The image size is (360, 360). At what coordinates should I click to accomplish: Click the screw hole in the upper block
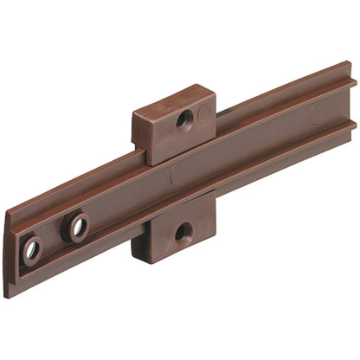tap(185, 119)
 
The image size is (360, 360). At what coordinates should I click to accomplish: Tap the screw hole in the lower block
tap(183, 232)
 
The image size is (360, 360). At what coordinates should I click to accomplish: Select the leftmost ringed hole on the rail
tap(32, 250)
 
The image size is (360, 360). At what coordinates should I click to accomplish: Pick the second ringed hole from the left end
tap(76, 228)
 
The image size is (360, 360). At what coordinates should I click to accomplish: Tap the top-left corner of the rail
tap(10, 211)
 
